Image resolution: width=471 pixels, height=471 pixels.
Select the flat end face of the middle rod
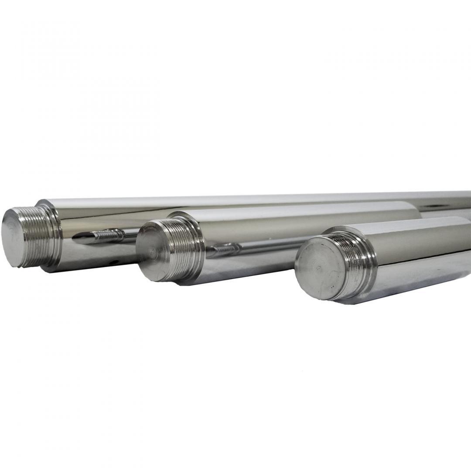tap(150, 253)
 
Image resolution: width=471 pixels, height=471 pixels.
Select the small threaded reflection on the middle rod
tap(225, 250)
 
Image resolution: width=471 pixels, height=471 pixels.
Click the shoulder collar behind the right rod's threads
tap(371, 262)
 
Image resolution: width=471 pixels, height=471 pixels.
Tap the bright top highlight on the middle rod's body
tap(297, 207)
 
